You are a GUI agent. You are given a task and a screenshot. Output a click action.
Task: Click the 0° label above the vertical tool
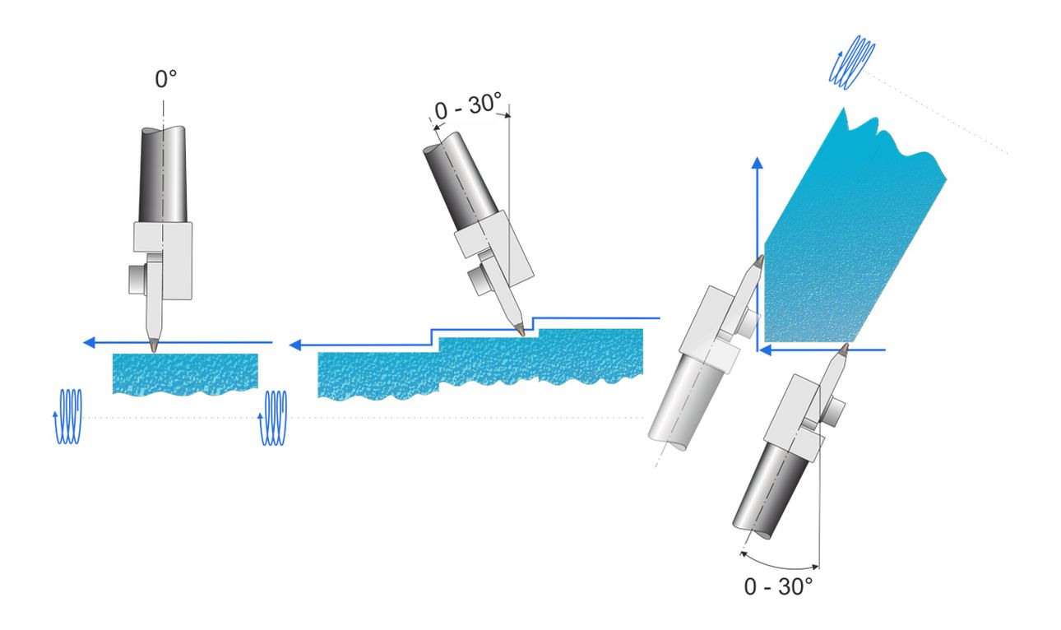(166, 79)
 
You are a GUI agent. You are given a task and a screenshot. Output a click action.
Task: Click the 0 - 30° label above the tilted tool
(467, 106)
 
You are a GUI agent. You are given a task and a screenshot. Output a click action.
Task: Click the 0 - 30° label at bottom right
(778, 587)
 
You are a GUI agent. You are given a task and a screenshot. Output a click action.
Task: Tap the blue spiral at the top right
(851, 63)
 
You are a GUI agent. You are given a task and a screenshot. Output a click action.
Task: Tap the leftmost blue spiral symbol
(67, 417)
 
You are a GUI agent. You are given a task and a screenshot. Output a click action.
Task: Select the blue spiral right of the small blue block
(272, 418)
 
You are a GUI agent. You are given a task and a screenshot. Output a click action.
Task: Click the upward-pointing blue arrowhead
(758, 162)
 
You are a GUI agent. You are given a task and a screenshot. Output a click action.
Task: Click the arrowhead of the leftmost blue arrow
(90, 342)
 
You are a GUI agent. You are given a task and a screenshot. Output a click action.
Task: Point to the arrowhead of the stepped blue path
(295, 345)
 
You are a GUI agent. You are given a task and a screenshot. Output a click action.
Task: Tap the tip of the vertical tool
(154, 351)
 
